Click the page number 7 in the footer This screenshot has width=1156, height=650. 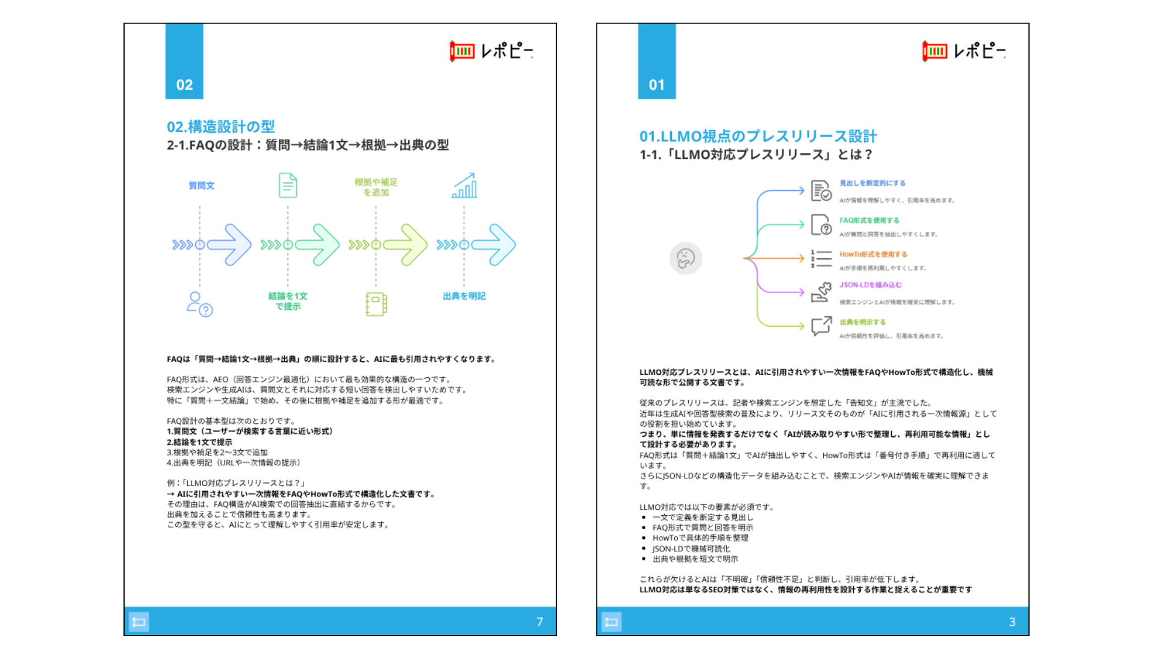pos(539,622)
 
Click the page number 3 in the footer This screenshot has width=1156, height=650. pos(1012,622)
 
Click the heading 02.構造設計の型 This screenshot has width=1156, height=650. pos(220,126)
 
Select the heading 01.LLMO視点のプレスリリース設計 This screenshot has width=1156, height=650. pos(757,136)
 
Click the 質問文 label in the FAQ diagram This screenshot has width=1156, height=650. pos(201,185)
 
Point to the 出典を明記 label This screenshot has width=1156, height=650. pos(464,296)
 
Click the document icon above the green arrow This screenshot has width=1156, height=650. pos(288,185)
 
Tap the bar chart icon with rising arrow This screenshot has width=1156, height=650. pos(464,185)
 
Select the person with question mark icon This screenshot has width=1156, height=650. pos(200,305)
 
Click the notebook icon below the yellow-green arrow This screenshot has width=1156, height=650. pos(376,304)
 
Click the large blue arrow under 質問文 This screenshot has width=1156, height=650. pos(229,244)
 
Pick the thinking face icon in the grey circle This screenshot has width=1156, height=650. pos(685,258)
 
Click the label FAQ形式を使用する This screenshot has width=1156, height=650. pos(869,220)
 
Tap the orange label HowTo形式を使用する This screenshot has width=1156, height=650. pos(873,254)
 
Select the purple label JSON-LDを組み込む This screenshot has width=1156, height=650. pos(871,285)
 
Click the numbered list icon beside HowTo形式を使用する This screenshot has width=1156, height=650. pos(821,259)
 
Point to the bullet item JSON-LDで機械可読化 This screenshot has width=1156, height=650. pos(691,548)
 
